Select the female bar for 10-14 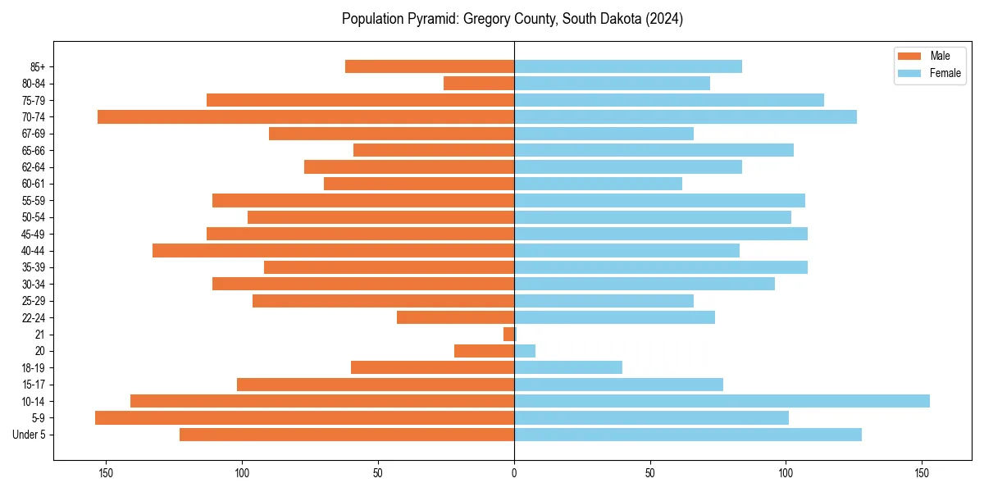pos(722,401)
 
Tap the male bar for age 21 pos(509,334)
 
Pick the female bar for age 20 pos(525,351)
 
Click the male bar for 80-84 pos(479,83)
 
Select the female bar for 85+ pos(628,66)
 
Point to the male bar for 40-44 pos(333,250)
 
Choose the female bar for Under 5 pos(688,435)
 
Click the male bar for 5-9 pos(304,417)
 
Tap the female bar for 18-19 pos(568,367)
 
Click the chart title pos(512,19)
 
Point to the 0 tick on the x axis pos(514,473)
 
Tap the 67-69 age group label pos(34,134)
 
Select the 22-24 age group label pos(34,317)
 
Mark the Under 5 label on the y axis pos(29,435)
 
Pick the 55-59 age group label pos(34,200)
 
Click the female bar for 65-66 pos(654,150)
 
